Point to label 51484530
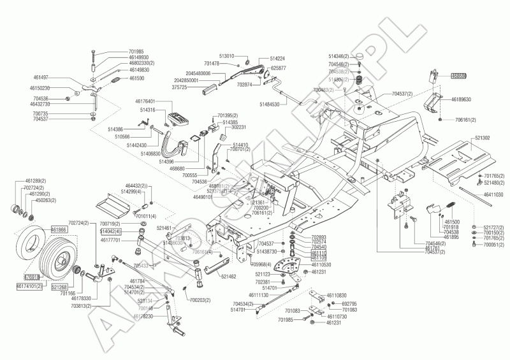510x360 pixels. (x=273, y=103)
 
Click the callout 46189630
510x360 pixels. (x=462, y=99)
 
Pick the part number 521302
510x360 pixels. (x=482, y=138)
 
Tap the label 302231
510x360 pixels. (x=237, y=127)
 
